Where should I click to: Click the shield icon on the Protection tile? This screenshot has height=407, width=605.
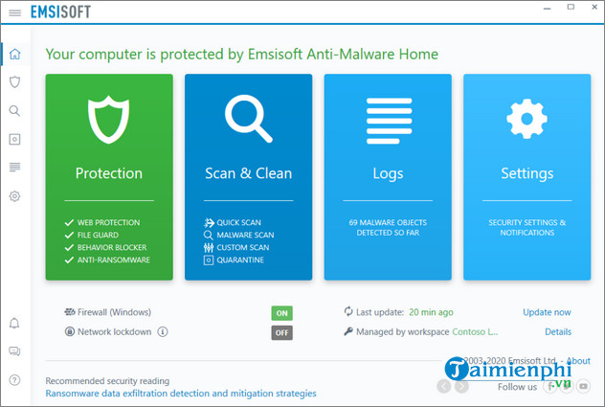pyautogui.click(x=108, y=118)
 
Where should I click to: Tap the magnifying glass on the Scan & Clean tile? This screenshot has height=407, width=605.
pyautogui.click(x=248, y=118)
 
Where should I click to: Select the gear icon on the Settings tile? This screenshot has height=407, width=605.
pyautogui.click(x=527, y=119)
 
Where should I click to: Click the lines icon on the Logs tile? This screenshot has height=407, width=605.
pyautogui.click(x=388, y=119)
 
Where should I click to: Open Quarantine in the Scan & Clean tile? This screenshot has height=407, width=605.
pyautogui.click(x=240, y=260)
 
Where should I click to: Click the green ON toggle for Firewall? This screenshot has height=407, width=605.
pyautogui.click(x=281, y=313)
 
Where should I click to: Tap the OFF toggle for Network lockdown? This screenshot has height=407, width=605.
pyautogui.click(x=281, y=332)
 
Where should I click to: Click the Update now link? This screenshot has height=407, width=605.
pyautogui.click(x=547, y=312)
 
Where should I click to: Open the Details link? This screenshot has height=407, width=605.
pyautogui.click(x=558, y=331)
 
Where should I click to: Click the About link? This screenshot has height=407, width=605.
pyautogui.click(x=579, y=361)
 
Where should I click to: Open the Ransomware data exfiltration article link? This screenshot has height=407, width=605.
pyautogui.click(x=181, y=394)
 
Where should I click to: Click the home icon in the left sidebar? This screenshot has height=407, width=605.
pyautogui.click(x=14, y=54)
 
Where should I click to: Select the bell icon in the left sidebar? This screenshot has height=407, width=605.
pyautogui.click(x=14, y=324)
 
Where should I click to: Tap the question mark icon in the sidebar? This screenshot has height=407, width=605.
pyautogui.click(x=14, y=380)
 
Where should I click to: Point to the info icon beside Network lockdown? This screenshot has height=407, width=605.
pyautogui.click(x=162, y=331)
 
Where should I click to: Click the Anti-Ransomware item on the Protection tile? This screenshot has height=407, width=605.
pyautogui.click(x=113, y=260)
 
